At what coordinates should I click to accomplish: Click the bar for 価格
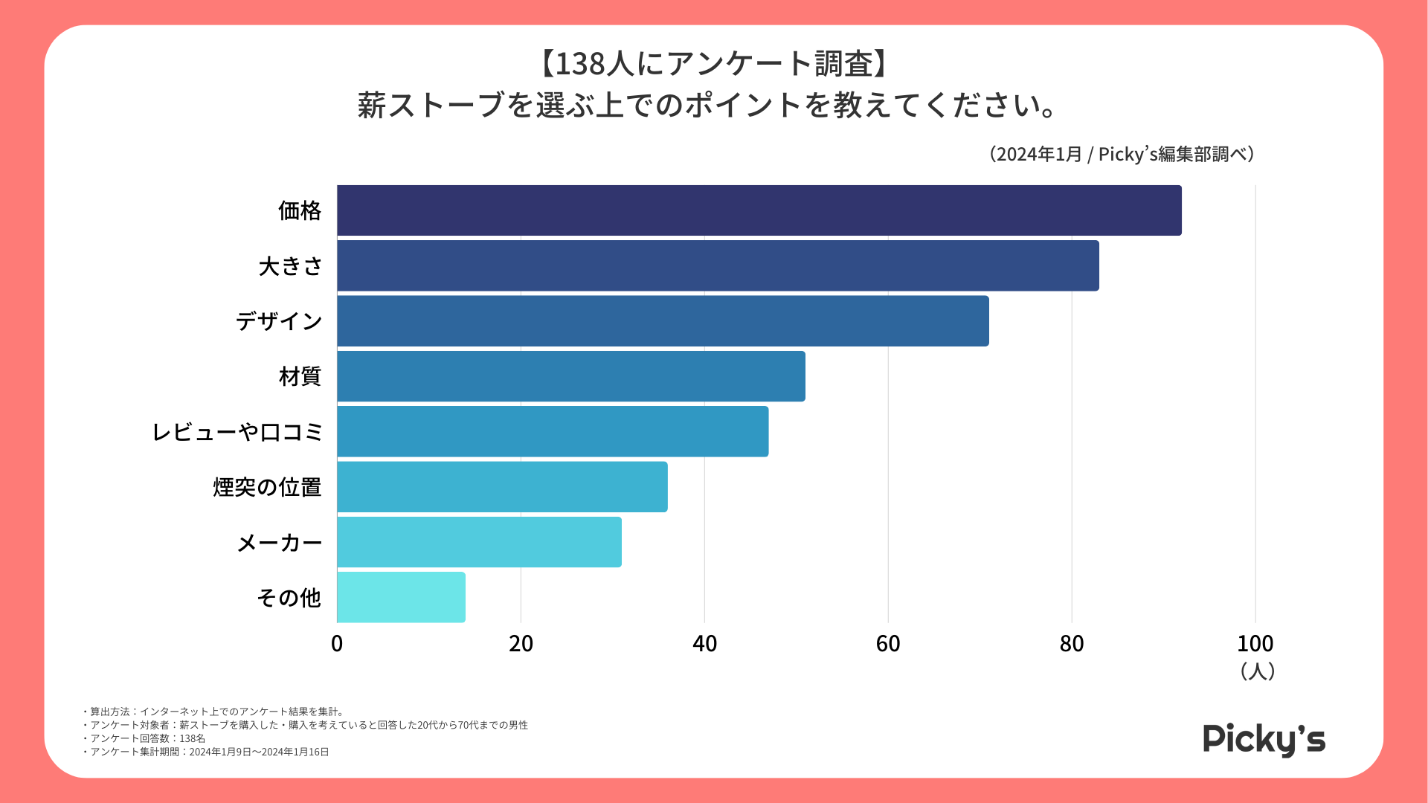coord(759,210)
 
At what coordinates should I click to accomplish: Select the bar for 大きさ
coord(718,265)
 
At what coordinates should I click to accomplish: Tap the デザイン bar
coord(663,321)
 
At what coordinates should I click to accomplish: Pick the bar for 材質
coord(570,376)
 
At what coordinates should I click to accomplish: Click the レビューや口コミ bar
coord(553,431)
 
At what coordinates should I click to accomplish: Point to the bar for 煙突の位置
coord(502,487)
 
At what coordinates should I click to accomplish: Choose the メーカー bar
coord(479,542)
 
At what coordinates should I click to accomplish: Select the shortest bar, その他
coord(401,597)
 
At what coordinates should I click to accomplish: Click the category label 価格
coord(300,211)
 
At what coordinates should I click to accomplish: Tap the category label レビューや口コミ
coord(237,432)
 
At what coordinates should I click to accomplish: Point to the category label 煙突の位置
coord(267,487)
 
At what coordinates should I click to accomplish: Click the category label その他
coord(289,598)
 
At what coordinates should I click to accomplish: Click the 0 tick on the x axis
coord(337,644)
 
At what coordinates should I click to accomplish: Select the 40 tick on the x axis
coord(704,644)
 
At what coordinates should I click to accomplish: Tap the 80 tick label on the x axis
coord(1072,644)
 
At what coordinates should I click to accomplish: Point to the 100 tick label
coord(1255,644)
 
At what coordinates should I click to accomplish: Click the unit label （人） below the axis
coord(1258,671)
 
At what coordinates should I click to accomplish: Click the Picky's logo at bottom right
coord(1264,740)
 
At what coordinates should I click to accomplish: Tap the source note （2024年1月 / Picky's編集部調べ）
coord(1122,154)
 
